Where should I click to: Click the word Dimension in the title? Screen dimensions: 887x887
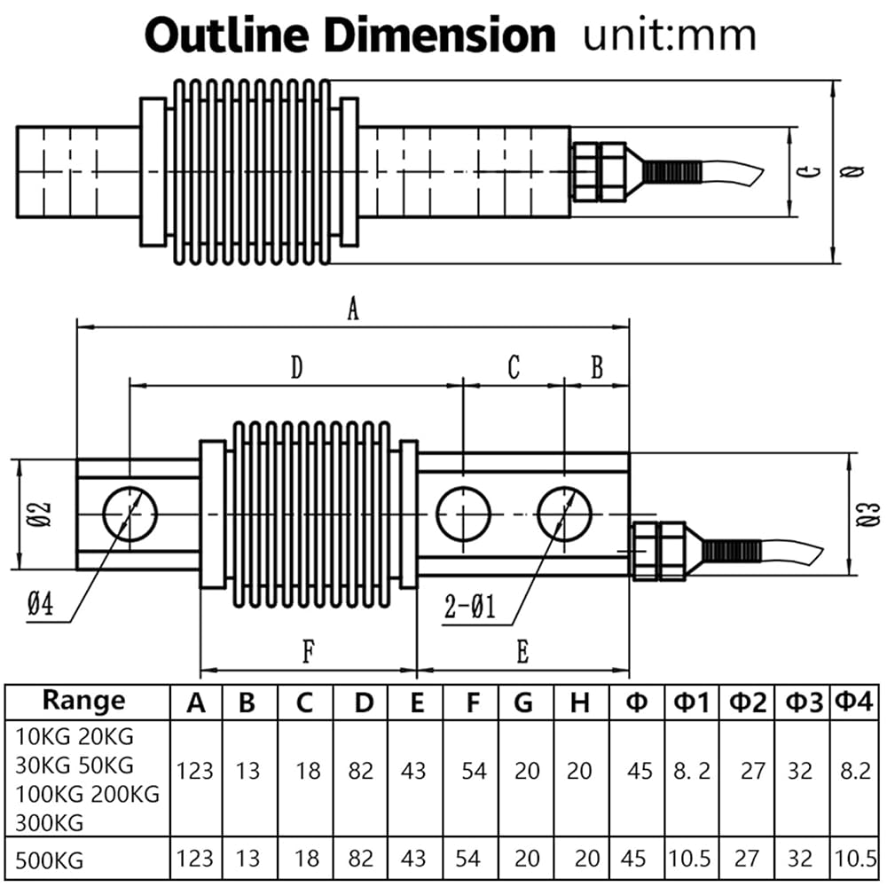[x=440, y=35]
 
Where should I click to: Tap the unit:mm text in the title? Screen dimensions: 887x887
[x=669, y=36]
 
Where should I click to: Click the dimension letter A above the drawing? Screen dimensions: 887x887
[x=353, y=309]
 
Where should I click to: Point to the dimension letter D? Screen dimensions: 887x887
[x=296, y=367]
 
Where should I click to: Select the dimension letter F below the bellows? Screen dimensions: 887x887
[x=308, y=652]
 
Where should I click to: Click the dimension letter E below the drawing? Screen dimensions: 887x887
[x=522, y=652]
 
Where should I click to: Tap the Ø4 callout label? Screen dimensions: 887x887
[x=40, y=604]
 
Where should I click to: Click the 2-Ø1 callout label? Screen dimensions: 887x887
[x=469, y=608]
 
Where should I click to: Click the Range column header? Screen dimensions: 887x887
[x=83, y=701]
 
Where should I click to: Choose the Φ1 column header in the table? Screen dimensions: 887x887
[x=691, y=703]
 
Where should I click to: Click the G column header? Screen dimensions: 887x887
[x=524, y=703]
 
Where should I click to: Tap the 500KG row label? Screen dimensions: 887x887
[x=49, y=860]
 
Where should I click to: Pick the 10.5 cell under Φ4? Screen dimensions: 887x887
[x=855, y=859]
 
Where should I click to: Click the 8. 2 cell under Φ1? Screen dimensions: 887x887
[x=691, y=771]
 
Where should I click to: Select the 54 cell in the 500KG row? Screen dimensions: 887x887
[x=467, y=858]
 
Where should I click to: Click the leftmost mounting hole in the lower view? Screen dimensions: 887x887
[x=130, y=514]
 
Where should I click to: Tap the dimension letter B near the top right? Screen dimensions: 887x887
[x=597, y=367]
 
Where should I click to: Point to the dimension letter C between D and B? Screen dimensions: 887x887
[x=513, y=367]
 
